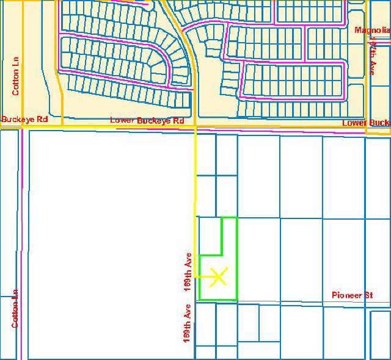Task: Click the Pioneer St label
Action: pos(352,295)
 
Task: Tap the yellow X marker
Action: pos(218,277)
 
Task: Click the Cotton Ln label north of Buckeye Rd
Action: pos(16,76)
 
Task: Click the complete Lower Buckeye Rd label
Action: pos(147,121)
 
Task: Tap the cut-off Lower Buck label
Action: pos(365,123)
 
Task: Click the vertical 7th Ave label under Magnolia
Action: pos(372,56)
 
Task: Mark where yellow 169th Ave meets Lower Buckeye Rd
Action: pos(195,127)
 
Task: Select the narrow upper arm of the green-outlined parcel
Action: pos(229,236)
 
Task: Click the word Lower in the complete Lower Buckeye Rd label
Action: pos(122,121)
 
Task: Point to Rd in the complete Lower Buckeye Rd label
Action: pos(178,121)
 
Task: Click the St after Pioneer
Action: pos(368,295)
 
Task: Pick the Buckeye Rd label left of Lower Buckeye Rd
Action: pos(24,120)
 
